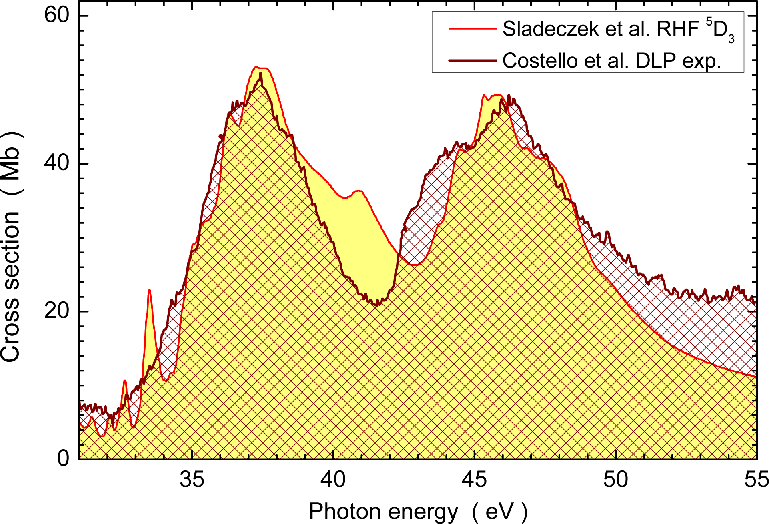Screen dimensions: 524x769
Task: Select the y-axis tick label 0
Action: point(63,458)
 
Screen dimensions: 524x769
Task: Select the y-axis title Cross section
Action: point(11,286)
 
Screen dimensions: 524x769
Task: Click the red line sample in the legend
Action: point(472,29)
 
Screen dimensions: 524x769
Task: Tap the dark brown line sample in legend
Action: point(472,61)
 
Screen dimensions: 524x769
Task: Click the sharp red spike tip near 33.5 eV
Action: point(149,290)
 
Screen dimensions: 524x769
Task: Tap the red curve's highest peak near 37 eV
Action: point(260,68)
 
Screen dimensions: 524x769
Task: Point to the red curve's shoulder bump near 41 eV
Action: point(358,191)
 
